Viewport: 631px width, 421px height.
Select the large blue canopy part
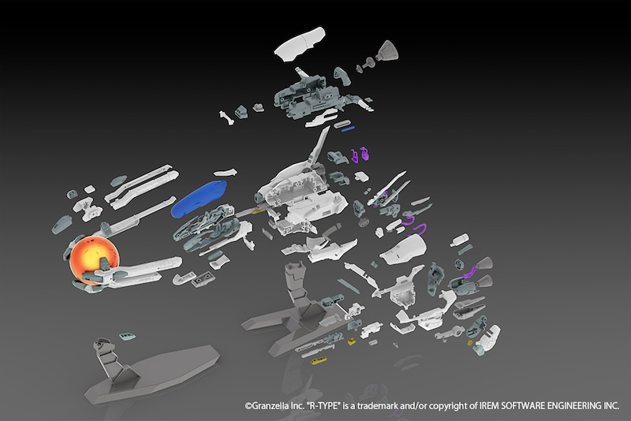point(198,197)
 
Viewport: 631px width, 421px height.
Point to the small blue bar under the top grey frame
point(347,128)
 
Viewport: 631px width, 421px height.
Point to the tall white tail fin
point(319,150)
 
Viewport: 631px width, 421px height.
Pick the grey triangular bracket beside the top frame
point(344,75)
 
